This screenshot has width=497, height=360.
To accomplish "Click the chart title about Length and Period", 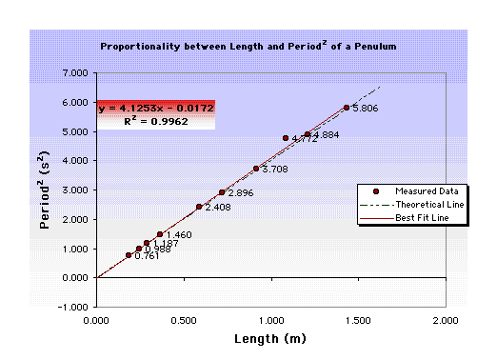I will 248,45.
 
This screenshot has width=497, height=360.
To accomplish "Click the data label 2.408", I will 218,207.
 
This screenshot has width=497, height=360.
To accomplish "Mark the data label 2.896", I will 240,193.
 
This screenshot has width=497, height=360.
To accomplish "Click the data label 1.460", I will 179,234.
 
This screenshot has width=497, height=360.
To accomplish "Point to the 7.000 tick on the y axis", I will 74,73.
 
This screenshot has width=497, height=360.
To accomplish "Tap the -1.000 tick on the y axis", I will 73,308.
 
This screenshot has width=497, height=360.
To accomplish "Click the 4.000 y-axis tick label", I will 74,161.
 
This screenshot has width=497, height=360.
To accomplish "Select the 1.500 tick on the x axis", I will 358,321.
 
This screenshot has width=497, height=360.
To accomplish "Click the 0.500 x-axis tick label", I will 184,321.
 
